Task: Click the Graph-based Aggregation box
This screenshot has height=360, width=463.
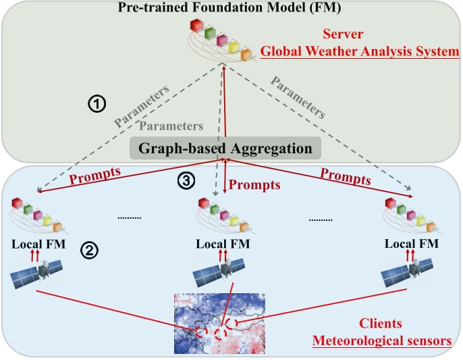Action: (225, 148)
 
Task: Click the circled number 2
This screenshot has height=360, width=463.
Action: (88, 250)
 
